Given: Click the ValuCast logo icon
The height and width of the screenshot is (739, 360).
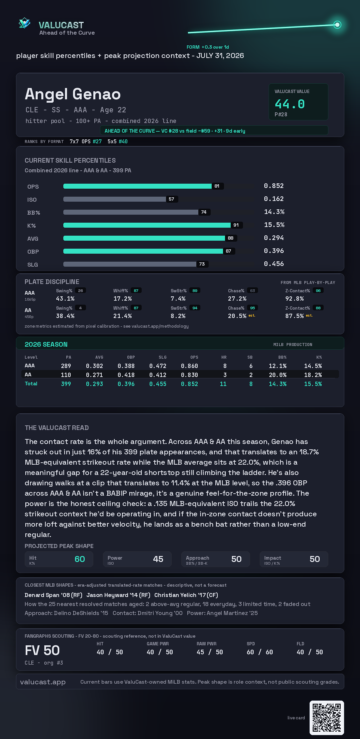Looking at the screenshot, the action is (25, 23).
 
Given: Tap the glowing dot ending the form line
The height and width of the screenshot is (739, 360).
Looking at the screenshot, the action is (337, 25).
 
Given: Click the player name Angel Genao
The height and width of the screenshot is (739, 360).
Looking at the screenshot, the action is (73, 94).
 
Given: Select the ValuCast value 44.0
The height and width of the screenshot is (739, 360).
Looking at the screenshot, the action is (290, 104).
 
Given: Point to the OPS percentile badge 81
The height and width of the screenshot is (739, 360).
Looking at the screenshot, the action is (217, 186).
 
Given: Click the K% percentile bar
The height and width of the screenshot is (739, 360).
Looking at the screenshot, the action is (147, 225).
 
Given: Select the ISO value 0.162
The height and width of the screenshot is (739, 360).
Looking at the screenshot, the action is (274, 199).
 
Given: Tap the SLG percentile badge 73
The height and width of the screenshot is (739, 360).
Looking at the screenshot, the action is (202, 264).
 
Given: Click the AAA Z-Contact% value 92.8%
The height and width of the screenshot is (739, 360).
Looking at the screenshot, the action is (294, 299).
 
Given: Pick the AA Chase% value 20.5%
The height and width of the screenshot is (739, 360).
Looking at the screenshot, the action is (237, 316).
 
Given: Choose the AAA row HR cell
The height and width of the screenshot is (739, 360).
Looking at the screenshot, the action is (225, 366).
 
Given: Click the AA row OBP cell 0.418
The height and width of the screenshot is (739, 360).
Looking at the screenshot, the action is (126, 375).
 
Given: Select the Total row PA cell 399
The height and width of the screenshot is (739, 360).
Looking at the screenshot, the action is (66, 384).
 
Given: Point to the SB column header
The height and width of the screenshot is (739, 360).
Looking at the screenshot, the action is (250, 357).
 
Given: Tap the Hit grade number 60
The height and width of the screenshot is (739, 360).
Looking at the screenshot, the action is (80, 559).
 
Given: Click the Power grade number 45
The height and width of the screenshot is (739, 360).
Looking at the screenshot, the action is (158, 559).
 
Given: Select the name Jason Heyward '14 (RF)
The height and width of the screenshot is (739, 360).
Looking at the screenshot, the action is (118, 595).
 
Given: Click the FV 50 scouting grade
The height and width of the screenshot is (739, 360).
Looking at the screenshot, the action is (42, 650).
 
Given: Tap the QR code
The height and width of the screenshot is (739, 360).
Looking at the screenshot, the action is (327, 718).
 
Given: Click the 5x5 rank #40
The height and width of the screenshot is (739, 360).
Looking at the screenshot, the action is (123, 141).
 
